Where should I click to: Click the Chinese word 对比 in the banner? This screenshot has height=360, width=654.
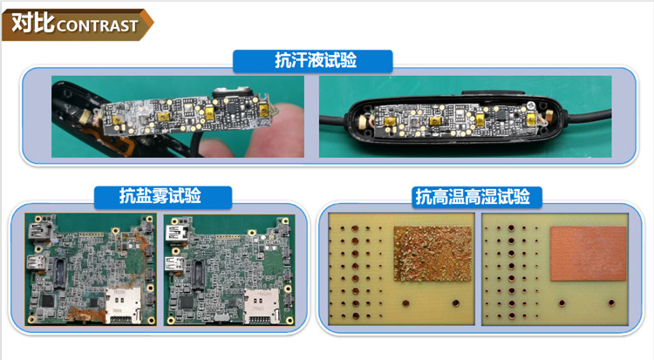(33, 23)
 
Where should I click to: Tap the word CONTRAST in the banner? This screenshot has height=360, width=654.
(97, 26)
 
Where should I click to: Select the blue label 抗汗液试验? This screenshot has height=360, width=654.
(313, 61)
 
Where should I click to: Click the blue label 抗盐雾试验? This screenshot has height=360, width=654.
(163, 196)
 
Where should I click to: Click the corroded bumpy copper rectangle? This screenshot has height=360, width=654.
(433, 254)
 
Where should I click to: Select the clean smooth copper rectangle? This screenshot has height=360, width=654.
(588, 253)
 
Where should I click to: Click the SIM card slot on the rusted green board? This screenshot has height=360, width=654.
(122, 305)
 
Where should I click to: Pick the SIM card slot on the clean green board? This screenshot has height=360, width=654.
(262, 306)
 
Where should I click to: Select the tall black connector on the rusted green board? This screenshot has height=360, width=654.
(59, 273)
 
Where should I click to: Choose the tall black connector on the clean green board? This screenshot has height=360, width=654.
(199, 275)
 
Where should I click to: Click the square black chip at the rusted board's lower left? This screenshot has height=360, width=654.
(48, 302)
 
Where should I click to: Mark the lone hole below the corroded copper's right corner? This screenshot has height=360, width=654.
(455, 302)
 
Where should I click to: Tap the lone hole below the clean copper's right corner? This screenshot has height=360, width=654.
(611, 302)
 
